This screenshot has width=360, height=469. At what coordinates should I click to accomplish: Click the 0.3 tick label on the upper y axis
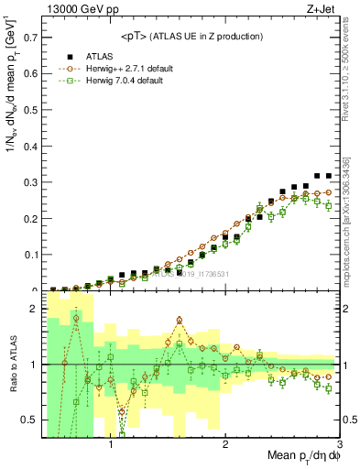point(30,183)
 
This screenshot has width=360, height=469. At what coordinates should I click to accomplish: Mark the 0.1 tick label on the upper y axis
point(30,256)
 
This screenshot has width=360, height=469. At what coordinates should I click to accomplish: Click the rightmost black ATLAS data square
point(328,176)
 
